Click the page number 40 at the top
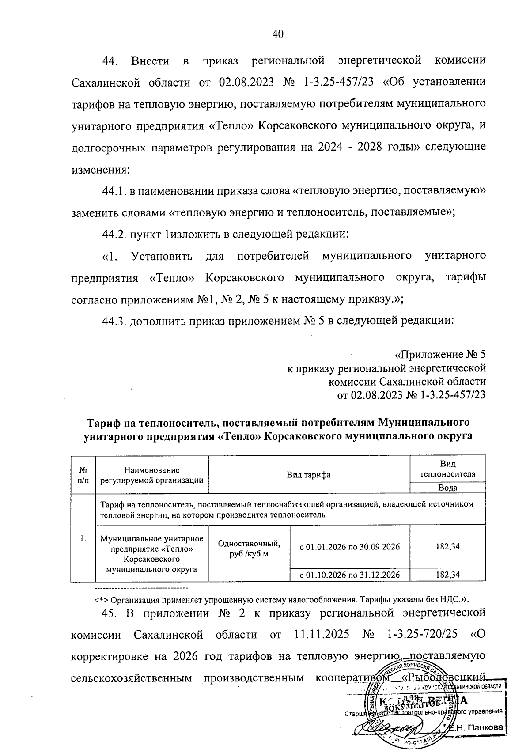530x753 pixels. click(277, 34)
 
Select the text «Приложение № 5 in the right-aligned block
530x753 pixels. click(439, 355)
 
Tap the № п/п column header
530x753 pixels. click(83, 474)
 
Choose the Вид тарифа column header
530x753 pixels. click(308, 475)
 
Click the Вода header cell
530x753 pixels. click(447, 488)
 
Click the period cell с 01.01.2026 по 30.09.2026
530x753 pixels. click(350, 547)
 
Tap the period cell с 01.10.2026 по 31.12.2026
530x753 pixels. click(350, 575)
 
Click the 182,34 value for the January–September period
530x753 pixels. click(447, 546)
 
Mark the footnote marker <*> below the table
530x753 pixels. click(102, 600)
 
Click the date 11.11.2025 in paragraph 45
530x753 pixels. click(321, 635)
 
